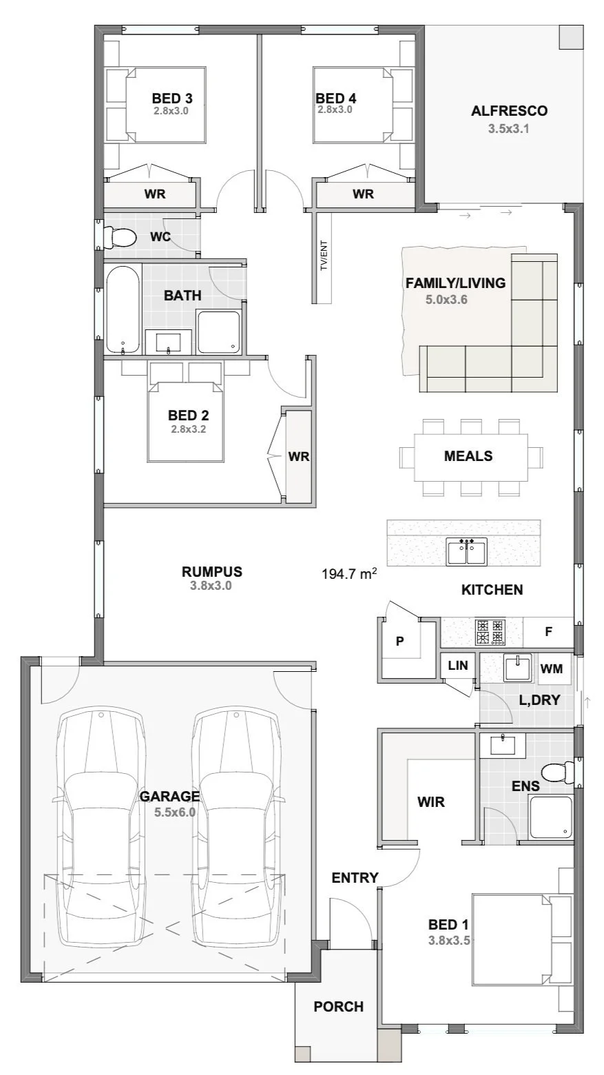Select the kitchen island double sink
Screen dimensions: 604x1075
tap(466, 551)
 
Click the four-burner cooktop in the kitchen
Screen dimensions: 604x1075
tap(490, 632)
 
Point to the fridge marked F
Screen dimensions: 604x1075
tap(548, 632)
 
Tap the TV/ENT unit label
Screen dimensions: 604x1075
tap(324, 255)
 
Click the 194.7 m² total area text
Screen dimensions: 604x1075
tap(349, 573)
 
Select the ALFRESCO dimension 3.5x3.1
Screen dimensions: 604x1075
tap(508, 129)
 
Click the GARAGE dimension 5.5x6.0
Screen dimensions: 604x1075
tap(175, 812)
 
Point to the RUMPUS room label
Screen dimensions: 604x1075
tap(211, 571)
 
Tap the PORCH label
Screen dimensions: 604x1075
tap(339, 1006)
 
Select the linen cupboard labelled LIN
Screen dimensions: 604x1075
tap(458, 666)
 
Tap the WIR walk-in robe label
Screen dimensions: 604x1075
tap(431, 801)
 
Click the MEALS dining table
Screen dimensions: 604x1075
tap(470, 457)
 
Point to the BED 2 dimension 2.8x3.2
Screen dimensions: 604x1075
tap(189, 429)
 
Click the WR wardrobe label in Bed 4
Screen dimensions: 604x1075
tap(363, 194)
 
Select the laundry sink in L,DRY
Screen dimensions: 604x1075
tap(517, 667)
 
